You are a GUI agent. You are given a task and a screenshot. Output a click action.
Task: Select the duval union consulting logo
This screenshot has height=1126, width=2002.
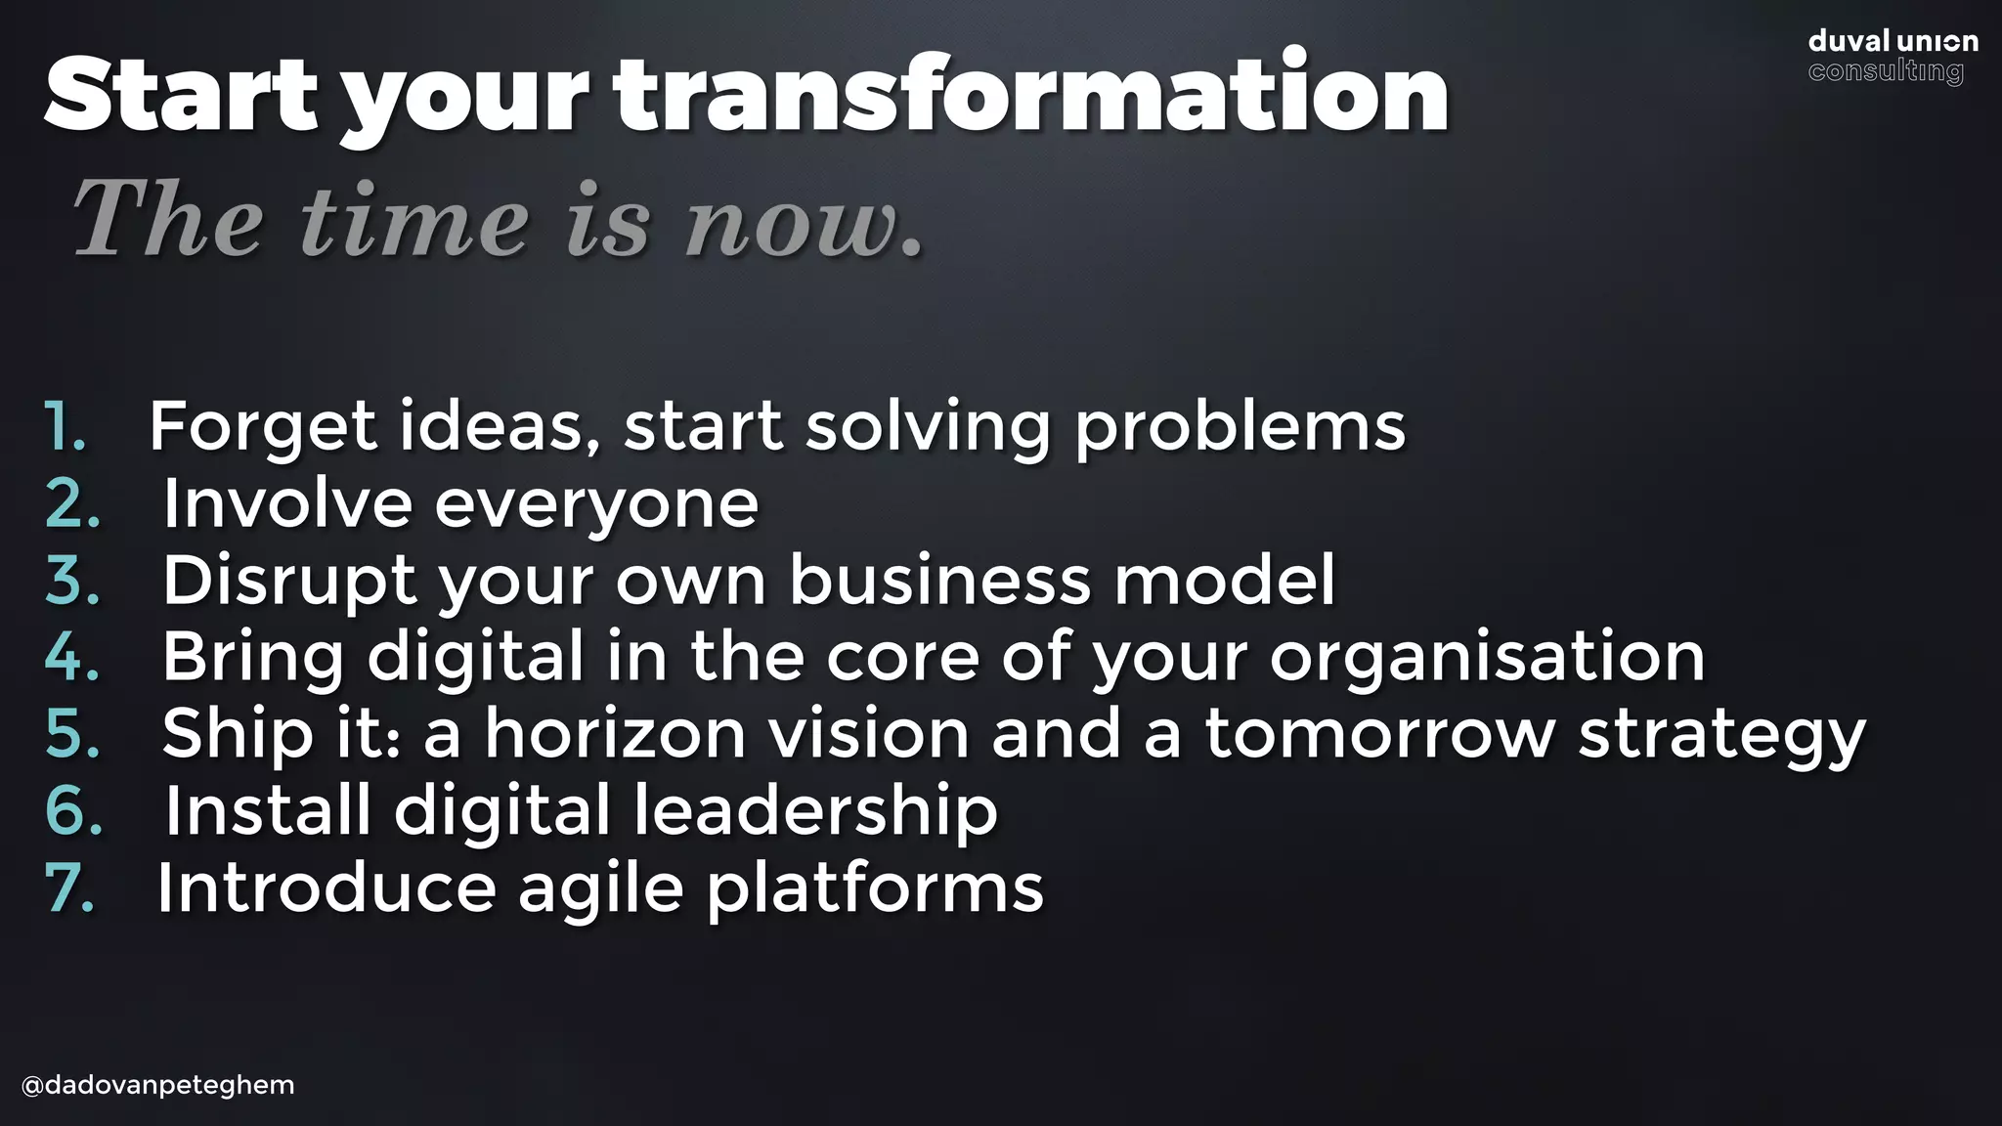[x=1892, y=57]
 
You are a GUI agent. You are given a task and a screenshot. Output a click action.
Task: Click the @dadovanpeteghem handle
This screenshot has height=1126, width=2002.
[x=157, y=1085]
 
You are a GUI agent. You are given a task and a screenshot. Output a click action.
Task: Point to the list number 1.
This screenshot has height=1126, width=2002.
[x=65, y=426]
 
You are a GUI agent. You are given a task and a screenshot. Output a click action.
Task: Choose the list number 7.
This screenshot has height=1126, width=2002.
[x=70, y=888]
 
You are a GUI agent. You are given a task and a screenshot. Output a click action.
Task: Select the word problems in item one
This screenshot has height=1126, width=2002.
[x=1239, y=428]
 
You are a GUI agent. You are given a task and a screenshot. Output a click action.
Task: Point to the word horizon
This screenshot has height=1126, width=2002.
[x=615, y=734]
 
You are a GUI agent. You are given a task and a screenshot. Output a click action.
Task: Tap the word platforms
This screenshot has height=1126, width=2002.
[x=874, y=888]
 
